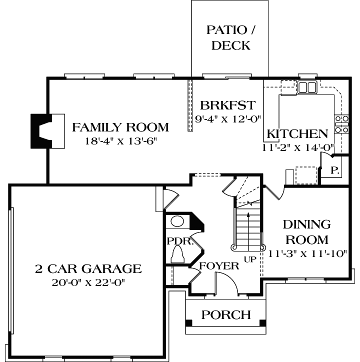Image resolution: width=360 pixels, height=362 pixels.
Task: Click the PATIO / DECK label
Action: click(230, 37)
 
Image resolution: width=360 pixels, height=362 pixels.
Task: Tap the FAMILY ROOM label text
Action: click(120, 127)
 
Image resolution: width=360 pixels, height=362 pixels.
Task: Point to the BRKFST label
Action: click(227, 106)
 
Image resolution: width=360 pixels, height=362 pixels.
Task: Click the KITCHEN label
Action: click(297, 134)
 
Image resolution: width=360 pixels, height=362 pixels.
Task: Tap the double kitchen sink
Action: click(307, 88)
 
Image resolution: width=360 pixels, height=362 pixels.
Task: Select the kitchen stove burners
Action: click(342, 124)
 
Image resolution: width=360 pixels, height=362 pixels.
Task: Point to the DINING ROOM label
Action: click(306, 231)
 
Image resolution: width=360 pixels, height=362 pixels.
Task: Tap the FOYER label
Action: click(219, 265)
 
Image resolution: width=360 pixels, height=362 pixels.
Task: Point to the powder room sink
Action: click(177, 221)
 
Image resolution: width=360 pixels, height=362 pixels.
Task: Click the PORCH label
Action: click(225, 315)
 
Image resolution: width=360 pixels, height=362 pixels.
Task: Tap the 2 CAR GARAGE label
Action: click(88, 269)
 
